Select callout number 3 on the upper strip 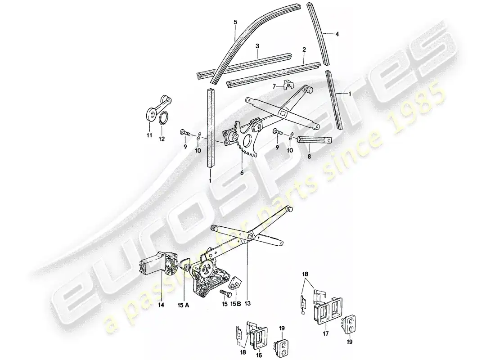click(x=257, y=46)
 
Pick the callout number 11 click(x=149, y=135)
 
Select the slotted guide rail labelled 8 click(x=315, y=140)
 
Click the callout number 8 click(x=309, y=157)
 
